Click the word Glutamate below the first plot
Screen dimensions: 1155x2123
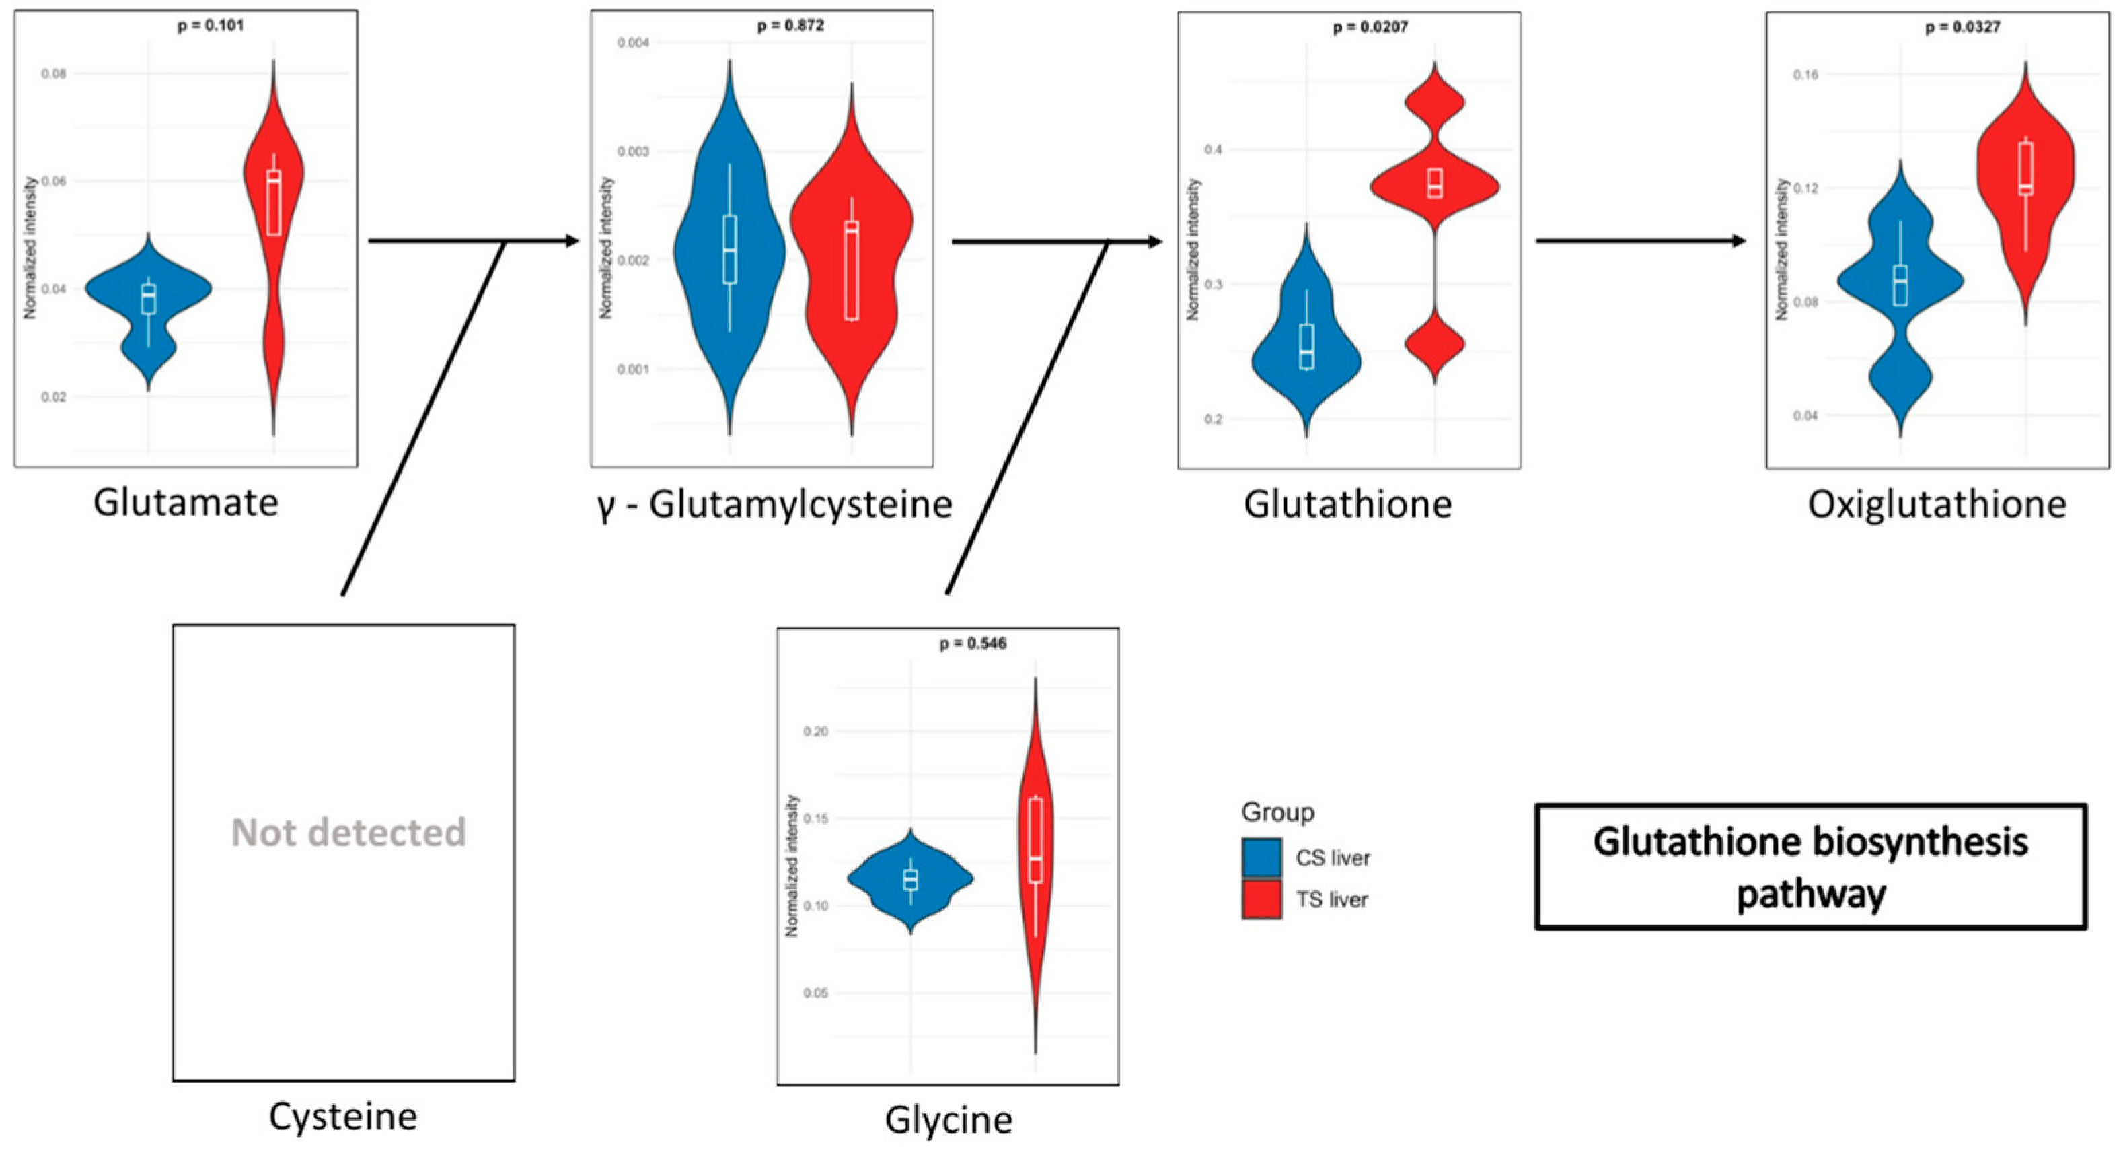pos(186,502)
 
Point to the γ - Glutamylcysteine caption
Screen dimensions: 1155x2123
pos(775,505)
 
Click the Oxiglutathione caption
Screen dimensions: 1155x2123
pos(1937,505)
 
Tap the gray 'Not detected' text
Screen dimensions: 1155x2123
pos(348,833)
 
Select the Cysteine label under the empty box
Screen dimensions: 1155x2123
pos(343,1117)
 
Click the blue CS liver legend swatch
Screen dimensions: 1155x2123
pos(1261,858)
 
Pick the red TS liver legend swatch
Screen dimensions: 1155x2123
pos(1261,899)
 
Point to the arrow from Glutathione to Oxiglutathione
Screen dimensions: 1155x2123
pos(1640,241)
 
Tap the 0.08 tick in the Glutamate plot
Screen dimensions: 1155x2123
pos(54,73)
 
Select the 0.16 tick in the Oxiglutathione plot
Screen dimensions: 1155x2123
pos(1805,75)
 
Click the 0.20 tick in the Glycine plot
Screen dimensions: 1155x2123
pos(816,731)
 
